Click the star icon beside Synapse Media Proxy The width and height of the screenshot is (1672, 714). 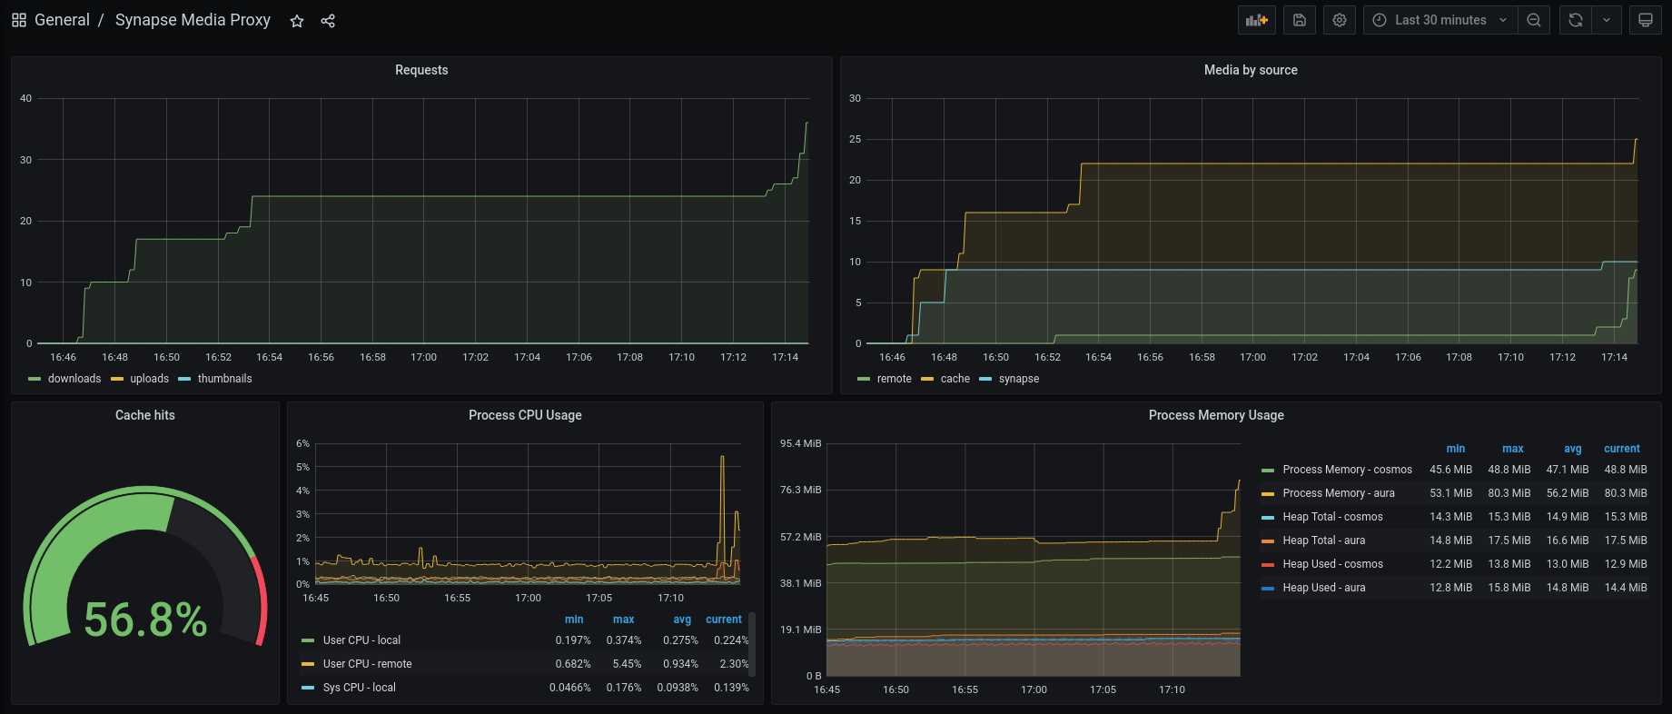[297, 21]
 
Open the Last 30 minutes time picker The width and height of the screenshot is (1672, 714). [1440, 20]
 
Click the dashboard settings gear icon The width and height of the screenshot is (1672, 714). [1340, 20]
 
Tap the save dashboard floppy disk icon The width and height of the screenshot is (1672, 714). [1300, 20]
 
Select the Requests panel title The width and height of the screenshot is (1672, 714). [421, 70]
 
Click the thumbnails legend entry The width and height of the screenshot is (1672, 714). [224, 379]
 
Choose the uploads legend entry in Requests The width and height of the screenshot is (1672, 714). [149, 379]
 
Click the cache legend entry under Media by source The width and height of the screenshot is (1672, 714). [955, 379]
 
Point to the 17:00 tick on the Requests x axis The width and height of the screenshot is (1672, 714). [424, 358]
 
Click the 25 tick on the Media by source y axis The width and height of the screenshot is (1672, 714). [855, 139]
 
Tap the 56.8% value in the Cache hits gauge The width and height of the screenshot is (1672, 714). [146, 620]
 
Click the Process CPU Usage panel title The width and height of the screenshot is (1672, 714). [525, 415]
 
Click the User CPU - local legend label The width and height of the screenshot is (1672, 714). [361, 640]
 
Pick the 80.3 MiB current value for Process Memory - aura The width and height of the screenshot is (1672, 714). [1625, 493]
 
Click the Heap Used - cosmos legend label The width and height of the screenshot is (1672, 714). [1332, 564]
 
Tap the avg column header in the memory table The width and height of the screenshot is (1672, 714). [1572, 449]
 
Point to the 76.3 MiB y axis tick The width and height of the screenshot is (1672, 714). [800, 491]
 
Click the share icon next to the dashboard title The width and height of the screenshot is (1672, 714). [328, 21]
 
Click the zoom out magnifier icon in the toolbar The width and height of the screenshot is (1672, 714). [1534, 20]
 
